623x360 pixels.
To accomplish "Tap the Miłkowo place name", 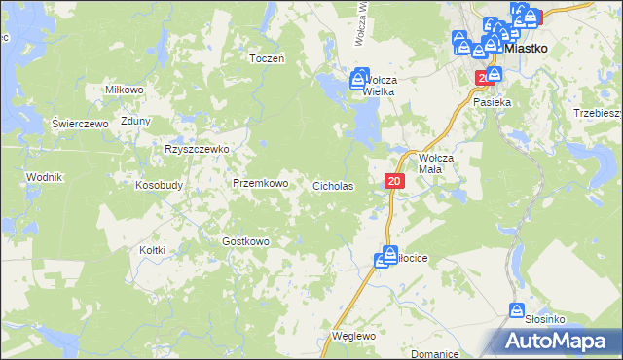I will (126, 90).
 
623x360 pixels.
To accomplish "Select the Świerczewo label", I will (79, 124).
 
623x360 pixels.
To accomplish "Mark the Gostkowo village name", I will (245, 240).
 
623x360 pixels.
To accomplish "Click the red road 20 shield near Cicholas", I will (393, 181).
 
